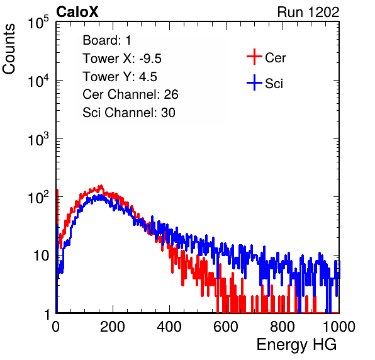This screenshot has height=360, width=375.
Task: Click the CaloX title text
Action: click(x=77, y=12)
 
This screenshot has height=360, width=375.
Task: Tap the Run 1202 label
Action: click(x=308, y=12)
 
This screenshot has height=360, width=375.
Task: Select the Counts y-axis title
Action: click(x=9, y=49)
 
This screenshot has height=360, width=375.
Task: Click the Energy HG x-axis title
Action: click(x=296, y=345)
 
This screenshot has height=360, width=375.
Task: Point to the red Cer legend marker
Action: click(x=254, y=57)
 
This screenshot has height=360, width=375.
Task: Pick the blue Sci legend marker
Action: click(x=254, y=82)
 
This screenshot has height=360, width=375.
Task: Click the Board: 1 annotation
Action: click(x=107, y=40)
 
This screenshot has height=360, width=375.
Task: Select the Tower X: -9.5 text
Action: click(x=122, y=59)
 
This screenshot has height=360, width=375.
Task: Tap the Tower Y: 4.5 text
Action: click(x=120, y=77)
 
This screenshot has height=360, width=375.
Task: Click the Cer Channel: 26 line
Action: click(x=130, y=94)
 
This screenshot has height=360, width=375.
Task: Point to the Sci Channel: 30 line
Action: click(x=129, y=113)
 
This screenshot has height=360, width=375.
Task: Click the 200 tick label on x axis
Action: click(x=113, y=327)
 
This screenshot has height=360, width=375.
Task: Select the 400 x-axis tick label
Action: click(x=169, y=327)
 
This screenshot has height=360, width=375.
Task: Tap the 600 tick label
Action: click(x=226, y=327)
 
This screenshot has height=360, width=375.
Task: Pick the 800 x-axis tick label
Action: click(x=283, y=327)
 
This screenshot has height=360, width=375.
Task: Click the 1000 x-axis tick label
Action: click(x=339, y=327)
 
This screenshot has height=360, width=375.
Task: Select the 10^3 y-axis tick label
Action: click(x=38, y=139)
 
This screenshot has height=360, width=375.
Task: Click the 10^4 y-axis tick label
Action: click(x=38, y=81)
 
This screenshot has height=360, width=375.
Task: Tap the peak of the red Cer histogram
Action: click(x=101, y=186)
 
